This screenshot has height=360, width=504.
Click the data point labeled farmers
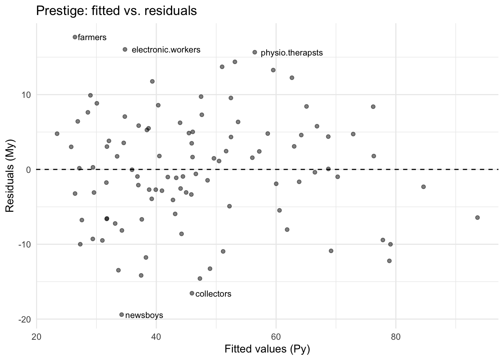(x=75, y=37)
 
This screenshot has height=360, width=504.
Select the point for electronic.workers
(x=125, y=49)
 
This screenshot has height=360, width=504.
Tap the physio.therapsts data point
(x=255, y=52)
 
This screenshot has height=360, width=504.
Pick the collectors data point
(x=192, y=293)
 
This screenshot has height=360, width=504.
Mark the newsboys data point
(x=121, y=315)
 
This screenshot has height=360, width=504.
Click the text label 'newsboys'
(x=144, y=315)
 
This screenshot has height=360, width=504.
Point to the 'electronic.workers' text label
(x=166, y=50)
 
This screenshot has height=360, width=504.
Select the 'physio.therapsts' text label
(x=291, y=53)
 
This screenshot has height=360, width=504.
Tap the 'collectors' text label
(x=213, y=294)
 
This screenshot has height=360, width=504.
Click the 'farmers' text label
(x=92, y=37)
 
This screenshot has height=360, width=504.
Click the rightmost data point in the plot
(x=477, y=217)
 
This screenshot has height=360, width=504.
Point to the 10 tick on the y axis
(x=26, y=94)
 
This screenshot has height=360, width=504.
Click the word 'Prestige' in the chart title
(x=57, y=11)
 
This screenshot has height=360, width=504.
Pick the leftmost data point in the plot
(x=57, y=133)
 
